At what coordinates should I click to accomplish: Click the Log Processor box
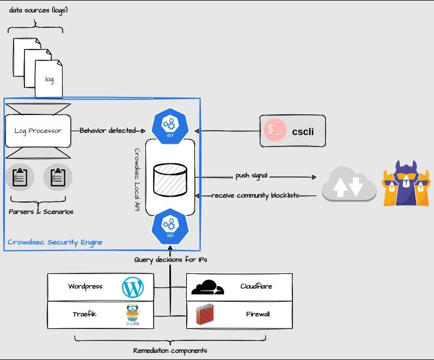(38, 131)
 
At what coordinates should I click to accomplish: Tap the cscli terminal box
(292, 131)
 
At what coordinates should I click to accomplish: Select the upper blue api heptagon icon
(170, 124)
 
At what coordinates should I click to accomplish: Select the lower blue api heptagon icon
(170, 228)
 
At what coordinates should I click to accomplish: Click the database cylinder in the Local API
(170, 179)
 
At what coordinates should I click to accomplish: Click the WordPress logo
(133, 287)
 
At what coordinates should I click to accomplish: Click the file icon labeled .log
(49, 79)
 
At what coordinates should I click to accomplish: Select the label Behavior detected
(108, 131)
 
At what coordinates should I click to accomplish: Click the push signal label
(252, 176)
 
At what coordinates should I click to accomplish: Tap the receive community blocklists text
(255, 196)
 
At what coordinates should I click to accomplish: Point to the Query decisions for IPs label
(170, 260)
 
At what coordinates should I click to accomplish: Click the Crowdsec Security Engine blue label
(55, 242)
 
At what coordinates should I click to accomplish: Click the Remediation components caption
(170, 350)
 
